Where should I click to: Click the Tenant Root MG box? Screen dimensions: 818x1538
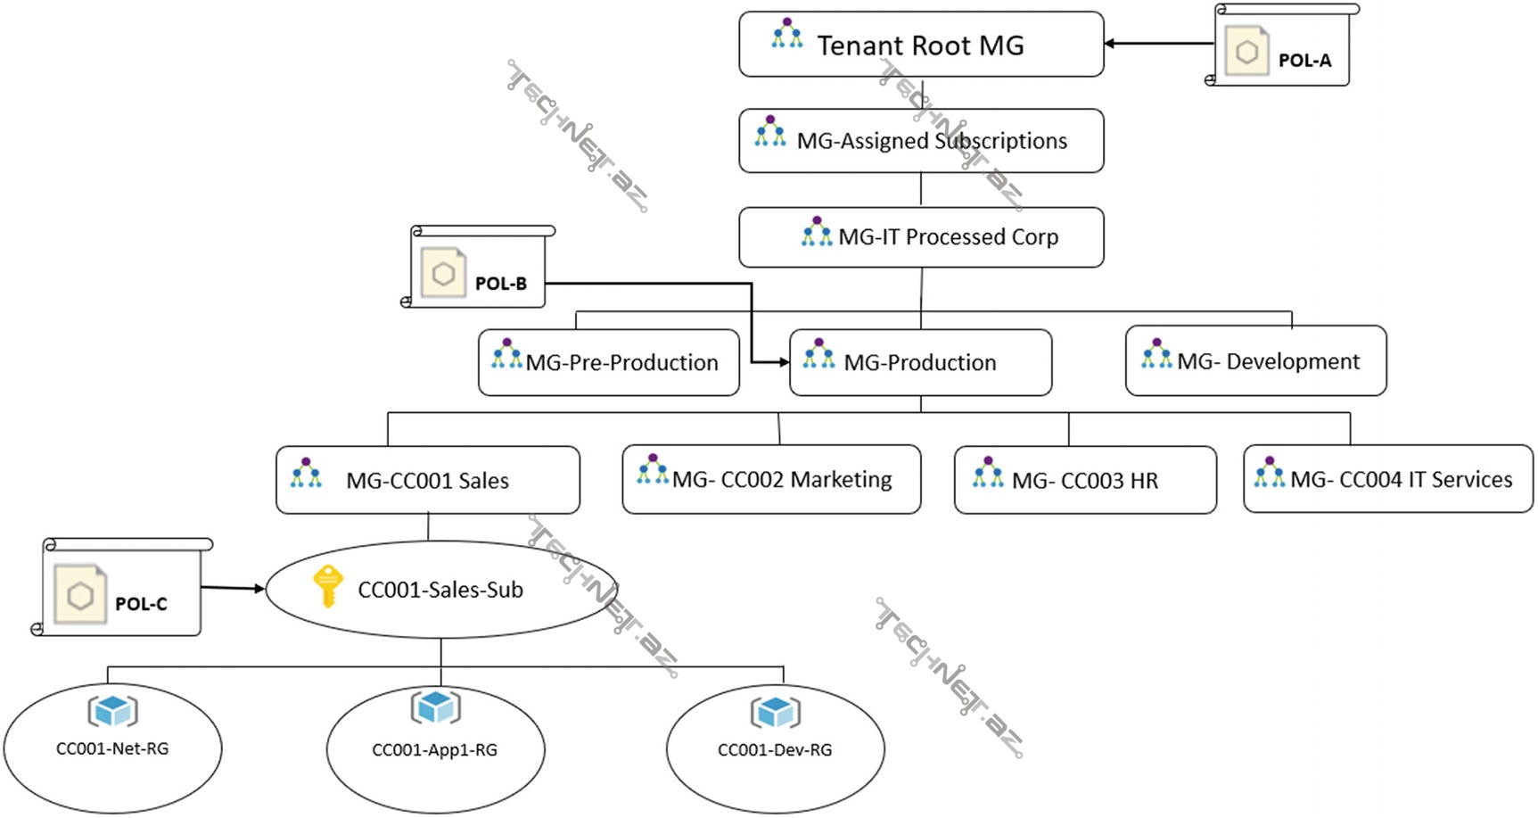[x=920, y=45]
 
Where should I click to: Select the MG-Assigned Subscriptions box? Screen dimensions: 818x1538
[x=920, y=141]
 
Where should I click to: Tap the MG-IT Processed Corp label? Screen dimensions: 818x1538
[x=948, y=237]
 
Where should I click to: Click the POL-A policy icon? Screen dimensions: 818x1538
[x=1246, y=52]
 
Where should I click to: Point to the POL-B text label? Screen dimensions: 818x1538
[x=500, y=284]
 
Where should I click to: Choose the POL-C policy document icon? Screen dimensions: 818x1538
[x=80, y=595]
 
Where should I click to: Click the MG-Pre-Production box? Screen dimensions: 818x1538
[x=608, y=362]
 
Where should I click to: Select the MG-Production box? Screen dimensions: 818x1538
[x=920, y=362]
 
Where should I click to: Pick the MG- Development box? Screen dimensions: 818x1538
[x=1255, y=361]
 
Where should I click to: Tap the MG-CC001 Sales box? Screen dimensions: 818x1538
[x=427, y=481]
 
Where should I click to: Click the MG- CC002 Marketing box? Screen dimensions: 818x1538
[x=771, y=480]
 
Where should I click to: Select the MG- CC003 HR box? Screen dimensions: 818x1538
[x=1085, y=481]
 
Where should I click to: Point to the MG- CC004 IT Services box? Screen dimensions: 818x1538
[x=1388, y=480]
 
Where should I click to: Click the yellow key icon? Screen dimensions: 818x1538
[x=327, y=586]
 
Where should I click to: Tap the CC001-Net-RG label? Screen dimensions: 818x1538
[x=112, y=748]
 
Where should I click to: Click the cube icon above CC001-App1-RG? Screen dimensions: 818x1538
[x=435, y=707]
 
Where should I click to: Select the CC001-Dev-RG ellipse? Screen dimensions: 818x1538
[x=775, y=749]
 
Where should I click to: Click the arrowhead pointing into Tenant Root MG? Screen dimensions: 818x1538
[x=1109, y=43]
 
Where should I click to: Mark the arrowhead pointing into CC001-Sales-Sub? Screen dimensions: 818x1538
[x=259, y=589]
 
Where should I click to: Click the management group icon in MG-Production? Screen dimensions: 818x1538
[x=818, y=354]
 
